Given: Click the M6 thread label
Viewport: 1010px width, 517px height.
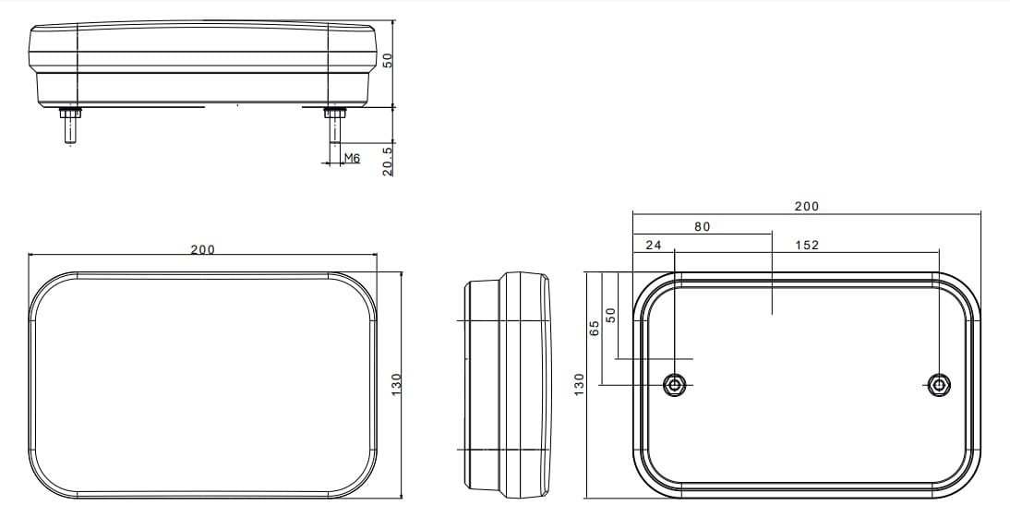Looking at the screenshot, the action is (352, 158).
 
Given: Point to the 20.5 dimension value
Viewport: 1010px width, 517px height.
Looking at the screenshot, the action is (387, 161).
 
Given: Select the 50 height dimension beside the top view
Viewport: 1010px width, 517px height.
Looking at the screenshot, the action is (387, 61).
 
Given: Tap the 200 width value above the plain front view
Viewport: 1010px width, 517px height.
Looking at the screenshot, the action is (203, 250).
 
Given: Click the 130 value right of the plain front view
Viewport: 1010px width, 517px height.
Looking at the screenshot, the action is (396, 384).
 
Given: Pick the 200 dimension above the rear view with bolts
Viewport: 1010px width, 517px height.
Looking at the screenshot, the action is (807, 207).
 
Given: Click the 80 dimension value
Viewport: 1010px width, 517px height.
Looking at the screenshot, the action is (702, 226).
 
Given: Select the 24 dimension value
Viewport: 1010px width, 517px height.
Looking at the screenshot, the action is (653, 246).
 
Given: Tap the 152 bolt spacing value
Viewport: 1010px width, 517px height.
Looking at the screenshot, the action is (807, 246).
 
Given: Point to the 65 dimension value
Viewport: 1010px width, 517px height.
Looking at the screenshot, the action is (595, 329).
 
